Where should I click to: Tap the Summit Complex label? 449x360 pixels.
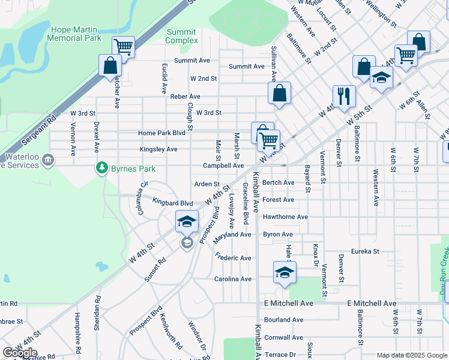click(181, 36)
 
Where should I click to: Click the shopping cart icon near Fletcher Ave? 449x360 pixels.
click(123, 46)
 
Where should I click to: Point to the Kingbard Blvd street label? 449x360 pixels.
click(172, 203)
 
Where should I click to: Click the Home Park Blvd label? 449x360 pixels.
click(161, 133)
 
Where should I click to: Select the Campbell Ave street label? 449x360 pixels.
click(223, 166)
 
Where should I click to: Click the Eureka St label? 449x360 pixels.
click(365, 251)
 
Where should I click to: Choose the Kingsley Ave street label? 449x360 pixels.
click(158, 149)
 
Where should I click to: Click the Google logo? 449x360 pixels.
click(20, 352)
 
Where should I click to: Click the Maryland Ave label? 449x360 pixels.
click(232, 235)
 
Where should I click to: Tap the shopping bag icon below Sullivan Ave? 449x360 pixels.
click(279, 92)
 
